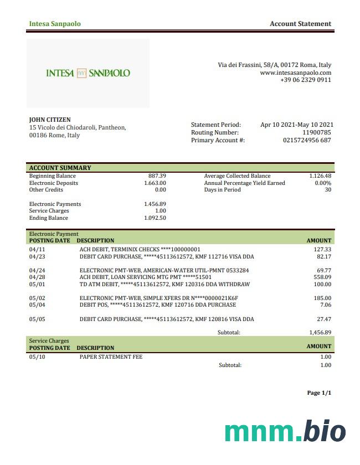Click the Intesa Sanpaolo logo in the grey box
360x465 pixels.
[x=88, y=73]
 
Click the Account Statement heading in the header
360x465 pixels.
[x=300, y=24]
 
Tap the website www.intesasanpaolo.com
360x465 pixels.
[x=295, y=73]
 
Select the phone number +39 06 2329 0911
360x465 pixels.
[x=306, y=80]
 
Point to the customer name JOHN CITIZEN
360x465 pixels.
[x=50, y=120]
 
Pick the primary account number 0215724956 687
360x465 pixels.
[x=307, y=141]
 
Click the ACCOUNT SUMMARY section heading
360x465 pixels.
[x=60, y=168]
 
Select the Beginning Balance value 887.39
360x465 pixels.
[x=157, y=176]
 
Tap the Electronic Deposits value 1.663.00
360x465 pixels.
[x=155, y=183]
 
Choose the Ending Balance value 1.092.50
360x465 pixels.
[x=155, y=218]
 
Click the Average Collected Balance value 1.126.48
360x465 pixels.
[x=320, y=176]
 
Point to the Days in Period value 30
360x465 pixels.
[x=328, y=190]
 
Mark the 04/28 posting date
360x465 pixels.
[x=37, y=277]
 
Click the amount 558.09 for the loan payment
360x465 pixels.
[x=322, y=277]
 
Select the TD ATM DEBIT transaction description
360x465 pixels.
[x=164, y=285]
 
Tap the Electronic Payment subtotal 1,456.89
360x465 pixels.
[x=320, y=333]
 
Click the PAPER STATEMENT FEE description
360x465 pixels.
[x=111, y=357]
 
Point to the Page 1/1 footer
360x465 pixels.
[x=319, y=393]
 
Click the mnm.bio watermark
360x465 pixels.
[x=285, y=432]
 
